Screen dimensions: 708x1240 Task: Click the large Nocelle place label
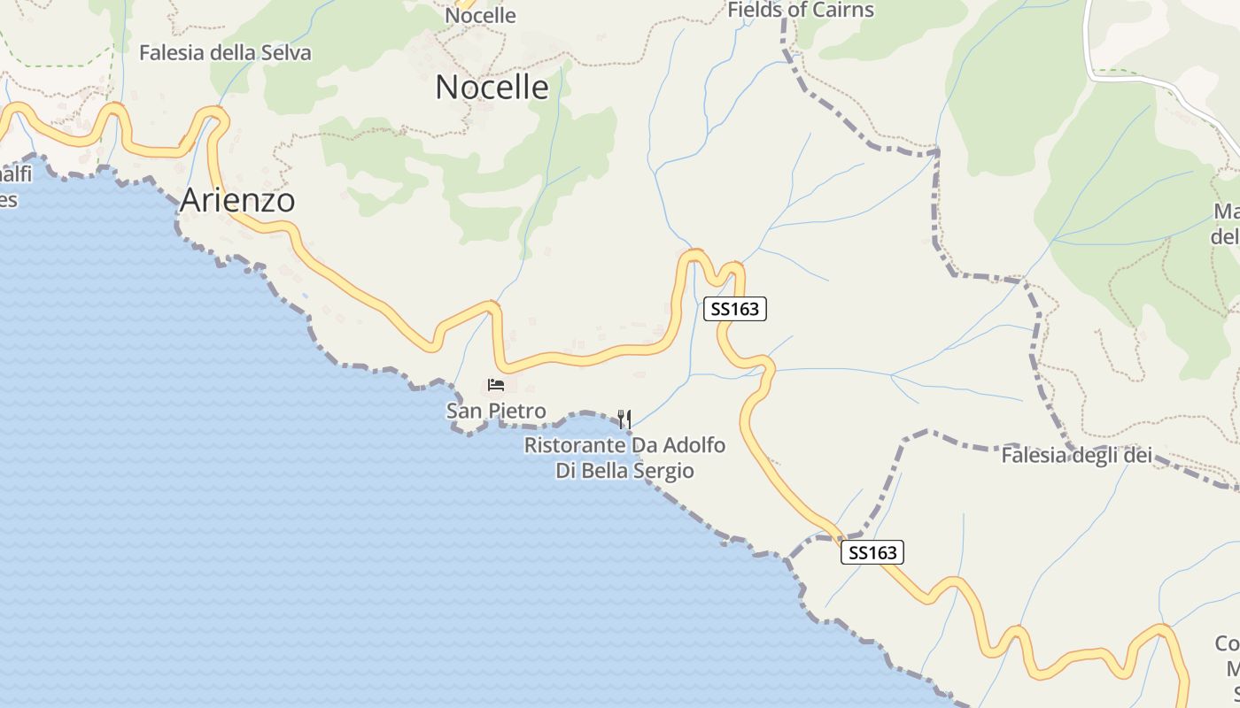[x=492, y=88]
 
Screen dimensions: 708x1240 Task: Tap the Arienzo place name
[x=237, y=201]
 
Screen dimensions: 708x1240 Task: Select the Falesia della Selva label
[x=225, y=53]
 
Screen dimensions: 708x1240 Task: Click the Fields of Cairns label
[x=801, y=11]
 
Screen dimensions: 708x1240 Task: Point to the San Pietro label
[x=496, y=411]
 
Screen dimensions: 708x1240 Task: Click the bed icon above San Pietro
[x=496, y=385]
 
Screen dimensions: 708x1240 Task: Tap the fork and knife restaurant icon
[x=624, y=419]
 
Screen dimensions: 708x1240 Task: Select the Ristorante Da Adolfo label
[x=624, y=445]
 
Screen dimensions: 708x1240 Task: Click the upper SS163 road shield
[x=735, y=309]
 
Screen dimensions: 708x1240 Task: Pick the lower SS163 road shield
[x=872, y=553]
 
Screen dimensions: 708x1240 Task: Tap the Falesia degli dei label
[x=1076, y=456]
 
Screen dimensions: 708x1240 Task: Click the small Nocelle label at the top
[x=480, y=15]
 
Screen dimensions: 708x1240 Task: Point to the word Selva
[x=286, y=53]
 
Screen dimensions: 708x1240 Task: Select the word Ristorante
[x=573, y=445]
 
